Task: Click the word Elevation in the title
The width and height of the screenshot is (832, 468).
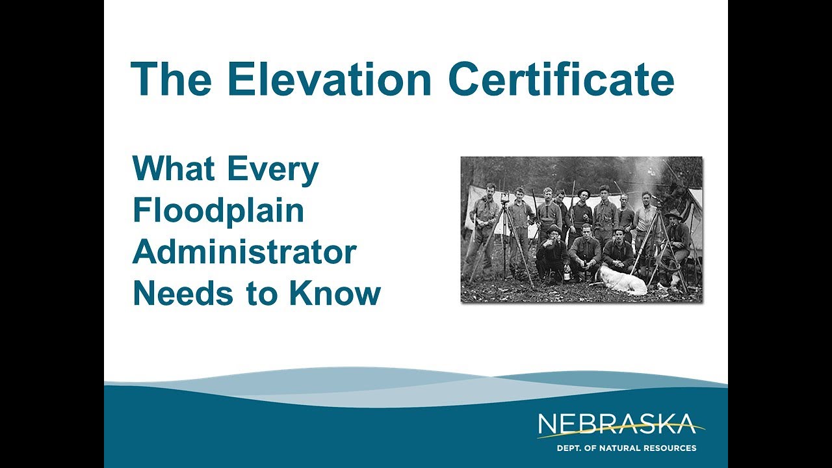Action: pyautogui.click(x=330, y=79)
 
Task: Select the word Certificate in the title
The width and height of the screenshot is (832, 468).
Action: pyautogui.click(x=560, y=79)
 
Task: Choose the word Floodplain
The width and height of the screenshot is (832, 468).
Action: pyautogui.click(x=218, y=211)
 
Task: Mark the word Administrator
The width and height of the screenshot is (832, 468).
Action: pyautogui.click(x=244, y=252)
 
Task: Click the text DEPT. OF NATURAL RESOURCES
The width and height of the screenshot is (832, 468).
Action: pyautogui.click(x=626, y=448)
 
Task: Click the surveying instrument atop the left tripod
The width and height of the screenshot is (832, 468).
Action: pyautogui.click(x=504, y=198)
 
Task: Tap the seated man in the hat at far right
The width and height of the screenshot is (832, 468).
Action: pyautogui.click(x=678, y=237)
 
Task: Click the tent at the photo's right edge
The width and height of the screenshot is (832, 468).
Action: pyautogui.click(x=695, y=214)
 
